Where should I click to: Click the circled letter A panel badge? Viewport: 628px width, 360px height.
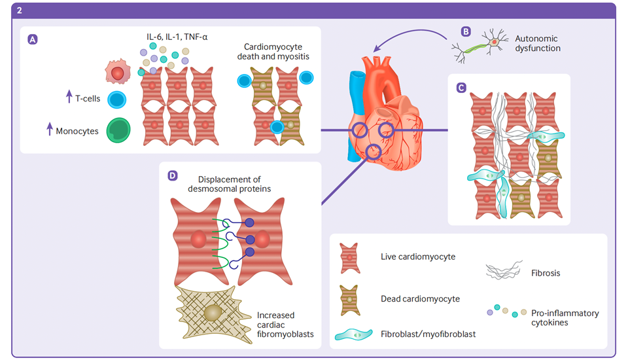(33, 39)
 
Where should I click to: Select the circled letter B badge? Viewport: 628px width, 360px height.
(466, 31)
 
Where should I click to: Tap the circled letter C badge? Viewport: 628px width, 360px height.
(461, 87)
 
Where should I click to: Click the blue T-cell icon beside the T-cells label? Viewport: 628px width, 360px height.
(116, 99)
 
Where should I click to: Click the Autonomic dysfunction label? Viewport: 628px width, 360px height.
(538, 43)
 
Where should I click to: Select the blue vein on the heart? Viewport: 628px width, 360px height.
(354, 111)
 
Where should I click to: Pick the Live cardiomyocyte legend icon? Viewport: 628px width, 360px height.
(349, 257)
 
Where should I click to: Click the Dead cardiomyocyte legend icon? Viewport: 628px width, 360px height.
(349, 299)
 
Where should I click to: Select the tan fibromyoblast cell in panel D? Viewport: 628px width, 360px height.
(212, 312)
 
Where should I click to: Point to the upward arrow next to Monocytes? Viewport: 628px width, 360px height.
(50, 130)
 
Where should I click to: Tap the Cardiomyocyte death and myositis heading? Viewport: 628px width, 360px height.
(273, 52)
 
